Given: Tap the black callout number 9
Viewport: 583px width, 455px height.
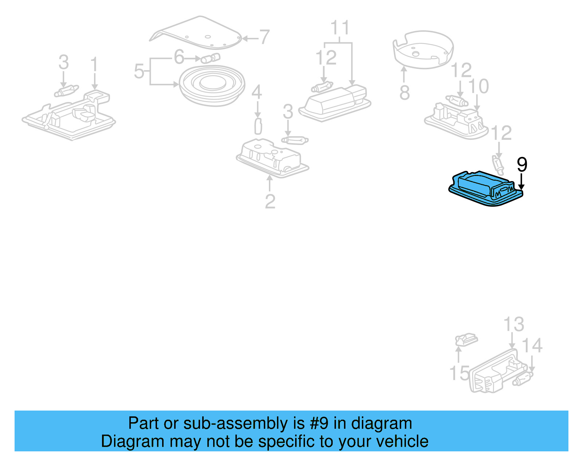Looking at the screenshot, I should pos(522,165).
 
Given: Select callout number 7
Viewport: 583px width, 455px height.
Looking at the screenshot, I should pos(264,37).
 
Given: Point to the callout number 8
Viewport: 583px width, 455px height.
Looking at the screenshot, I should pos(404,93).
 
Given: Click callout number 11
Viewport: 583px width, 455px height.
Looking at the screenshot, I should pos(340,28).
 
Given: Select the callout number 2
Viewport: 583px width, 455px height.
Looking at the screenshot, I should pos(270,201).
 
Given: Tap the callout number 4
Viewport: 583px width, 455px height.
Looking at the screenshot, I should pos(257,92).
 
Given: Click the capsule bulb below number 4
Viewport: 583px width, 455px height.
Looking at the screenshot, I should pos(258,126).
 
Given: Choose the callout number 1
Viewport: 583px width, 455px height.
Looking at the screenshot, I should pos(94,64).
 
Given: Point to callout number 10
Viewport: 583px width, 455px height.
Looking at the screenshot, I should pos(478,87).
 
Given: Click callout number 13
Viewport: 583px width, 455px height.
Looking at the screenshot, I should pos(513,324).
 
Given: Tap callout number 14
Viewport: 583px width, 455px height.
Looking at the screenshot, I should pos(532,345).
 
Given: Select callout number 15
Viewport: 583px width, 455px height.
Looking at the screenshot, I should pos(459,373).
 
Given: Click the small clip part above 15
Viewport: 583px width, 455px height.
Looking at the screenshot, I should pos(466,340).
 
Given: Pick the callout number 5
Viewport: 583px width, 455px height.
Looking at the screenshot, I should pos(139,71).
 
